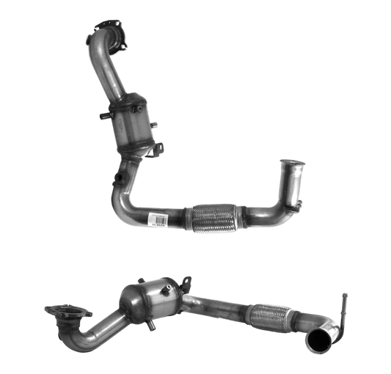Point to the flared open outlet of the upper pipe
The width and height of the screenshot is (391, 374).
click(x=293, y=164)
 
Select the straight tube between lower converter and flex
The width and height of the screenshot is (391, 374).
click(x=216, y=305)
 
